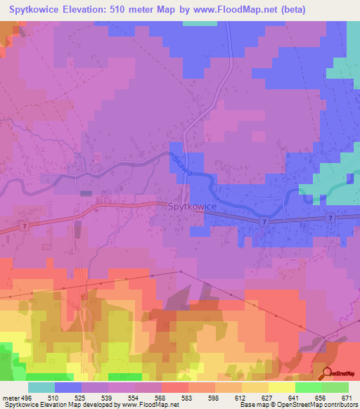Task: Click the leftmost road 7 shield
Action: point(24,226)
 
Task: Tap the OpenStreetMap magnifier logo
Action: point(328,373)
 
